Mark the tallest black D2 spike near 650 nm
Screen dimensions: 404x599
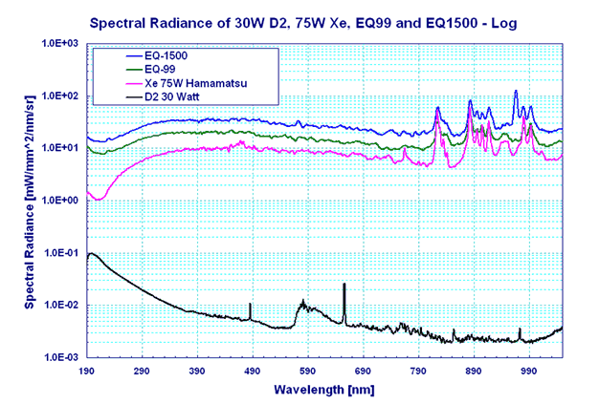344,285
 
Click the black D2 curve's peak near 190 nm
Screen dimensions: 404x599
91,253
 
